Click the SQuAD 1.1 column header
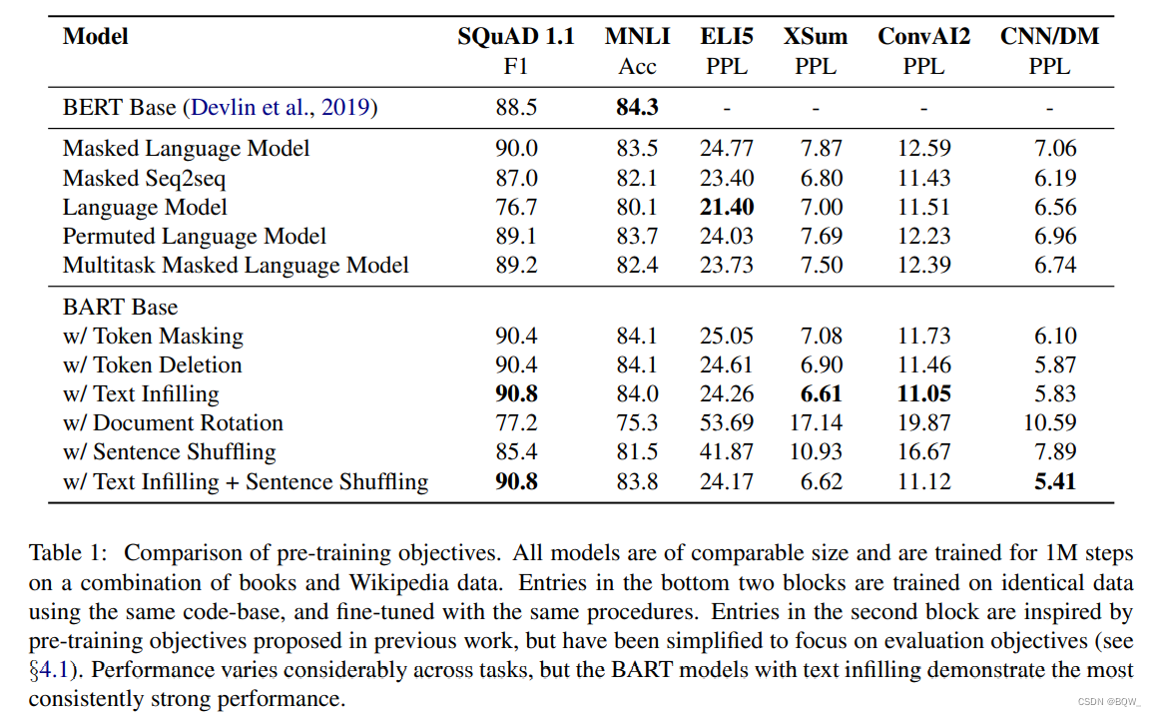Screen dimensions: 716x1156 click(x=516, y=37)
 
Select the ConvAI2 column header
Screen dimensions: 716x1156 click(x=923, y=37)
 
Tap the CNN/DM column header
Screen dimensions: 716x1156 click(x=1049, y=37)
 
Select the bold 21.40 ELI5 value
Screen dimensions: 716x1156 click(x=726, y=207)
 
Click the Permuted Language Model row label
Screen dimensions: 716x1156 click(x=195, y=236)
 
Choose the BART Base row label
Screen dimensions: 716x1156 click(x=120, y=307)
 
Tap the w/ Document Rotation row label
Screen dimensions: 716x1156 click(x=173, y=422)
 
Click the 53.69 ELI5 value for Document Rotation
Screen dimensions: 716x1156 click(x=726, y=422)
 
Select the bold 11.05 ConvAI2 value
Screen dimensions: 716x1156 click(x=923, y=393)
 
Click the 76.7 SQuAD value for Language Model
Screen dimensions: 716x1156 click(x=516, y=207)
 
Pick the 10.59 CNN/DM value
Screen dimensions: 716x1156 click(x=1049, y=422)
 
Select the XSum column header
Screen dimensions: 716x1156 click(x=815, y=37)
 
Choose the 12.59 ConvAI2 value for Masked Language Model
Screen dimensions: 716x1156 click(x=923, y=149)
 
